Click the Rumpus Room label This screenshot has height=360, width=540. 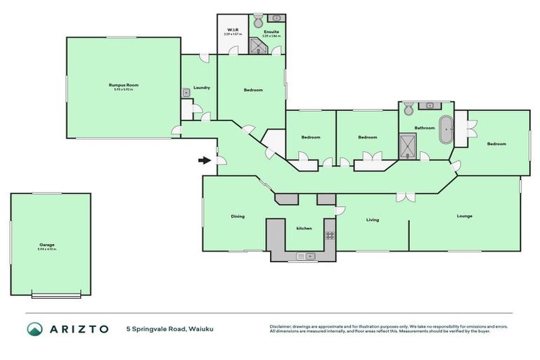123,84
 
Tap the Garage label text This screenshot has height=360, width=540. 47,245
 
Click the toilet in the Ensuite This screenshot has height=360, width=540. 257,20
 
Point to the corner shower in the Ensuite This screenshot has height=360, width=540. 258,46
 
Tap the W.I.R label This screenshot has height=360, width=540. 233,29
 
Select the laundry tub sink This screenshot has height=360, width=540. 186,91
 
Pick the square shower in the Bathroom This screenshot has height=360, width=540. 408,146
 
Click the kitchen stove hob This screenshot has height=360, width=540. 330,235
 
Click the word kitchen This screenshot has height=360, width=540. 304,229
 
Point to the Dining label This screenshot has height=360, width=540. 238,217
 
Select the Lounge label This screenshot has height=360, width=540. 464,216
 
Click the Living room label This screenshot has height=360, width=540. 372,220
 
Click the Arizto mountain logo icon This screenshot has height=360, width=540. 34,329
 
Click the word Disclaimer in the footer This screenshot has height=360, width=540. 281,326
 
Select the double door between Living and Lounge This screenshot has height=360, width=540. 404,198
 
